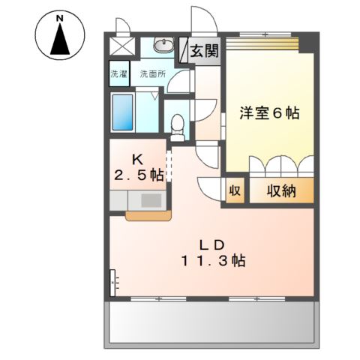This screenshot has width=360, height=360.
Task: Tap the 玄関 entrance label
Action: coord(202,52)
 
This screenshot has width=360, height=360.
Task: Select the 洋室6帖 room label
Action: coord(269,113)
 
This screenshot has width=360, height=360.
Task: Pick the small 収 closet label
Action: coord(235,190)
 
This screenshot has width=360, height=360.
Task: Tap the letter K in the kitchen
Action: coord(138,159)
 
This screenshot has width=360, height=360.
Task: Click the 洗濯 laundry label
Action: coord(119,74)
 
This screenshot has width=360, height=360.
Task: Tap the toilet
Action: coord(176,124)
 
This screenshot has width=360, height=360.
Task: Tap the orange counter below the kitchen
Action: coord(148,217)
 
